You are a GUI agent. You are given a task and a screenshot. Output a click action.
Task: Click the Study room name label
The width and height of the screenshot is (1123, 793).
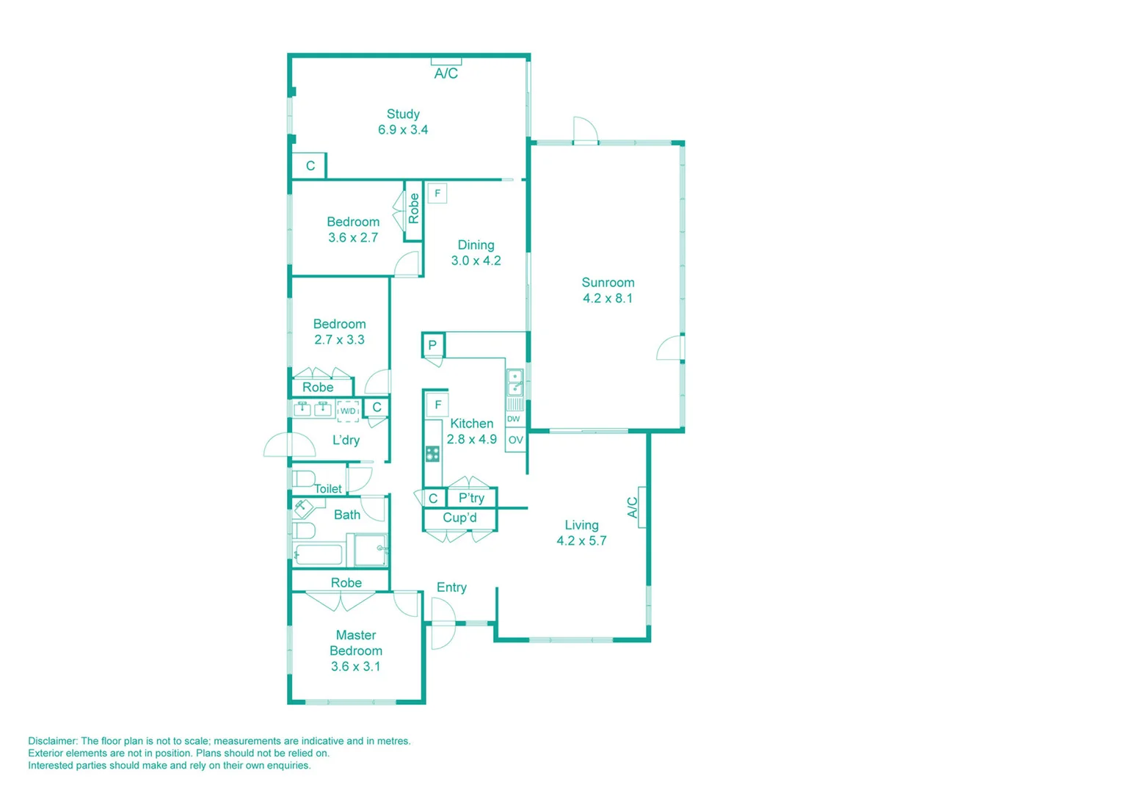pos(403,114)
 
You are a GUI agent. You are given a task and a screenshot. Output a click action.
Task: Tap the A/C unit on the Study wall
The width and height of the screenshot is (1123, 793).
pos(446,62)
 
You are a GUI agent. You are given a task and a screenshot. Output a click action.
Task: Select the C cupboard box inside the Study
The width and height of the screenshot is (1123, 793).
pos(310,166)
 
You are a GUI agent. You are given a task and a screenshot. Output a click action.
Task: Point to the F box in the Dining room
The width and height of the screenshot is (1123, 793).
pos(437,193)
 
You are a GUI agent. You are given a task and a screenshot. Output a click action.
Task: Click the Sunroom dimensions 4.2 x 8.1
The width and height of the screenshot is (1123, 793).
pos(608,298)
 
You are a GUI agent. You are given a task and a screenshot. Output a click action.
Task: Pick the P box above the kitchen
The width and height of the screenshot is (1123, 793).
pos(433,344)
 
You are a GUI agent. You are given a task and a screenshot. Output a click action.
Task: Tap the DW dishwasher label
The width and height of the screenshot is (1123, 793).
pos(514,419)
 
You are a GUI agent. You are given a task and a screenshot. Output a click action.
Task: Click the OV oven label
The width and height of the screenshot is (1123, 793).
pos(516,440)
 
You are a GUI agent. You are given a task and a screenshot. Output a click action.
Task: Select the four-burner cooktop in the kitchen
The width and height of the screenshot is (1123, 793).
pos(432,454)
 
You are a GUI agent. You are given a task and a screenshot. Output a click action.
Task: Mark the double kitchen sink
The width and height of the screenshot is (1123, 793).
pos(515,382)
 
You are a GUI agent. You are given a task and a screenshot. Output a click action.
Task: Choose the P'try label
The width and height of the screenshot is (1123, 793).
pos(471,498)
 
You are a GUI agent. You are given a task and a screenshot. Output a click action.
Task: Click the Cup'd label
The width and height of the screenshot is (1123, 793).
pos(460,518)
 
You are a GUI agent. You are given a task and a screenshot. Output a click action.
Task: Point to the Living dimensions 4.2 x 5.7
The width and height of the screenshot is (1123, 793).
pos(581,541)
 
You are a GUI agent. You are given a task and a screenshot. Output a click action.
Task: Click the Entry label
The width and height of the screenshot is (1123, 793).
pos(451,587)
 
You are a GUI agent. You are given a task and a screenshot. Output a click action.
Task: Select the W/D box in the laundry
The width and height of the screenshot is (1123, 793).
pos(348,411)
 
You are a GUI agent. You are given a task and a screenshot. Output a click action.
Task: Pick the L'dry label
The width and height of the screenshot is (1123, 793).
pos(346,441)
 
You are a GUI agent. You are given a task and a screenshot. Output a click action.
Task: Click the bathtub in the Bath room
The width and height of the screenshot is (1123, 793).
pos(319,554)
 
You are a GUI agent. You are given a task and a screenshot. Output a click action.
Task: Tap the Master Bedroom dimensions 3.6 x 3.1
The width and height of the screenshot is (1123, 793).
pos(356,667)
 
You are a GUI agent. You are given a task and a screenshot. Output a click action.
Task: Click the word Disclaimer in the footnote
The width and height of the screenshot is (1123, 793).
pos(52,741)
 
